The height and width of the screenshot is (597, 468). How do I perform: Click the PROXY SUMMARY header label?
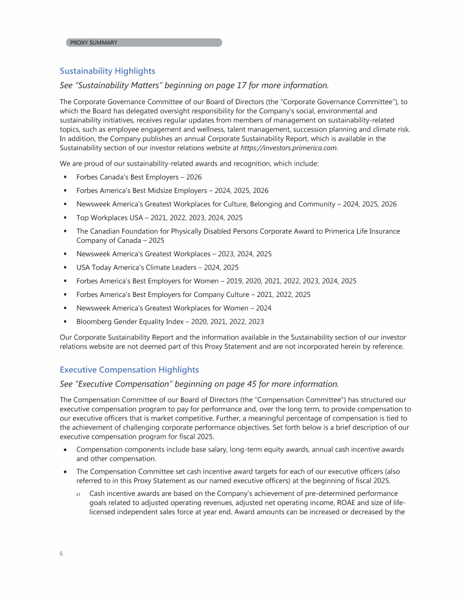[94, 43]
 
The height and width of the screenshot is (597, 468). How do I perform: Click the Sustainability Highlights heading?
[107, 71]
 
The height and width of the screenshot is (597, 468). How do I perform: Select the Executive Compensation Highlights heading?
[129, 369]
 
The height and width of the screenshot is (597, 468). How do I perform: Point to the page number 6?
[62, 554]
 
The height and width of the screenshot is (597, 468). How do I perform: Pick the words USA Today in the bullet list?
[93, 267]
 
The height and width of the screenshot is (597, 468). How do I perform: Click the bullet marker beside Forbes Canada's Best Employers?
[64, 176]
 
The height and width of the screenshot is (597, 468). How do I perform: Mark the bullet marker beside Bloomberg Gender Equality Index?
[64, 321]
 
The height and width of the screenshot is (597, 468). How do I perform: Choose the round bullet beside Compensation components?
[64, 450]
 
